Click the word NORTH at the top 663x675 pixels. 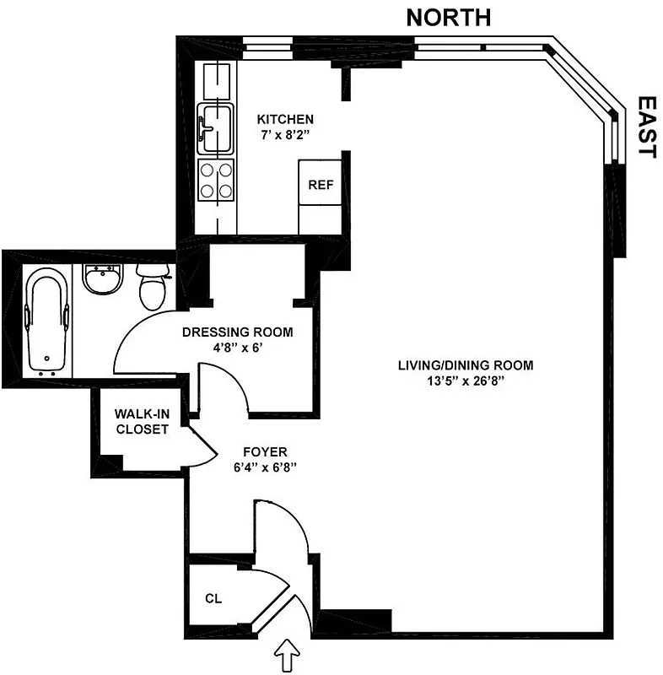(448, 17)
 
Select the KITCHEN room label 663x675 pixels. (286, 119)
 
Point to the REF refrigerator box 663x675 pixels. (321, 185)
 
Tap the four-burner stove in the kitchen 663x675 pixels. (215, 179)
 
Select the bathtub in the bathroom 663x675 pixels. (47, 320)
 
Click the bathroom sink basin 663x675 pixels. (104, 279)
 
